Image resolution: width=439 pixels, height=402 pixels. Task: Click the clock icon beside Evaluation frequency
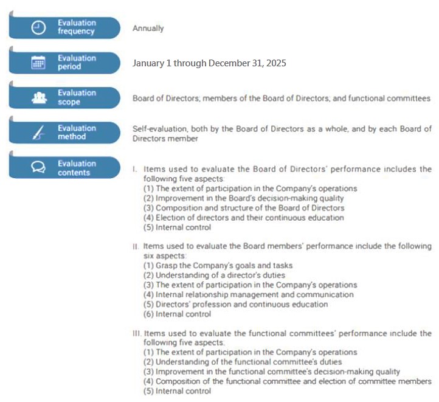[x=38, y=28]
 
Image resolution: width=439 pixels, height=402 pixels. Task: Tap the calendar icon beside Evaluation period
[x=38, y=63]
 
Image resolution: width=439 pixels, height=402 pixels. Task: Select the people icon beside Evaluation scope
[x=38, y=97]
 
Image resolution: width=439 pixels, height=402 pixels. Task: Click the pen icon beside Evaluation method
[x=38, y=133]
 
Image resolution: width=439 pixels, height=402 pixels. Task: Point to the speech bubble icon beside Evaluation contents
[x=38, y=168]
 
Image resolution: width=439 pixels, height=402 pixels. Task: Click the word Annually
[x=148, y=29]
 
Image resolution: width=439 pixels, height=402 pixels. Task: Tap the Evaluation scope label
[x=77, y=97]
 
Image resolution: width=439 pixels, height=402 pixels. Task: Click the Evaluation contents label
[x=77, y=168]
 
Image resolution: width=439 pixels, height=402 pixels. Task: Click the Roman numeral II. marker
[x=136, y=246]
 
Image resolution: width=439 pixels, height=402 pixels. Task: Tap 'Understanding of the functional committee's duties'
[x=241, y=362]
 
